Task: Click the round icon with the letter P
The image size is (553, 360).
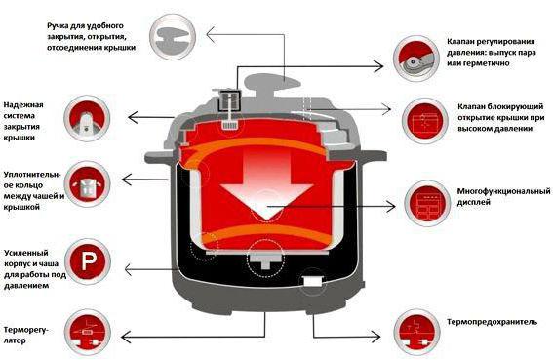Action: coord(88,261)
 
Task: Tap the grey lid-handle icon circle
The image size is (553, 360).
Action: coord(173,37)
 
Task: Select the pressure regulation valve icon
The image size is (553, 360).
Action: coord(416,59)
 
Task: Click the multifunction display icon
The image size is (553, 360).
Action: coord(427,204)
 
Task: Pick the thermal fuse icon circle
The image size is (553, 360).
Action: coord(417,333)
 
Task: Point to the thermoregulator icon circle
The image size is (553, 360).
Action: coord(88,333)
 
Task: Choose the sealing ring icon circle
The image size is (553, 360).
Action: coord(87,184)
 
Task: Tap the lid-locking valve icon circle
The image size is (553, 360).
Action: coord(425,121)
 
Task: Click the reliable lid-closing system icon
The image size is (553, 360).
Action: coord(87,119)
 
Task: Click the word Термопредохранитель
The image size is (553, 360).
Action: coord(492,322)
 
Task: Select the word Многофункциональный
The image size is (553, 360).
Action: coord(503,191)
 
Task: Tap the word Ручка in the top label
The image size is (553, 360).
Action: coord(59,26)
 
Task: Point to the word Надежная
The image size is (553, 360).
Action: coord(23,104)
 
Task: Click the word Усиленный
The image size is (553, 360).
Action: coord(25,253)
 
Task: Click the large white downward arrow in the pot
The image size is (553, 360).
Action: coord(266,181)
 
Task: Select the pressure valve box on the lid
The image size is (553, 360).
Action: coord(229,100)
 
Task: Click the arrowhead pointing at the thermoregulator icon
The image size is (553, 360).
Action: coord(126,337)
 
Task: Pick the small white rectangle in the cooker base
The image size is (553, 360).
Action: coord(313,281)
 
